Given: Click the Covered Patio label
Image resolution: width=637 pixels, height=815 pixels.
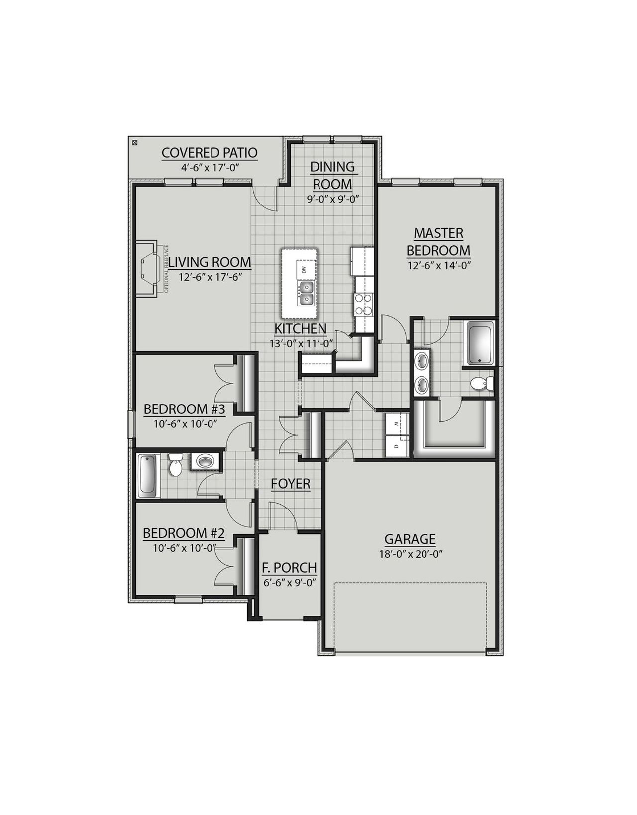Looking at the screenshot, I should pos(210,153).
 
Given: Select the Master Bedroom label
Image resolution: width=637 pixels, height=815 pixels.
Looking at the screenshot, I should pos(438,241).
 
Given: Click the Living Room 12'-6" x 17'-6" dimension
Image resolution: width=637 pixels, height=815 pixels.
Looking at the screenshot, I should pos(209,278).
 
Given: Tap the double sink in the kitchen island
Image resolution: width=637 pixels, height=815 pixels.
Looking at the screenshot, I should pos(306,294).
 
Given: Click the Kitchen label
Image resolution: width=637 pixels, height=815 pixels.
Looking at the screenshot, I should pos(301,329).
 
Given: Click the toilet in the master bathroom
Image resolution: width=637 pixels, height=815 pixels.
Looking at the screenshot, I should pos(480,384).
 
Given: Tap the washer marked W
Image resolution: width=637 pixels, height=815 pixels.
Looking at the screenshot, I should pos(397,423).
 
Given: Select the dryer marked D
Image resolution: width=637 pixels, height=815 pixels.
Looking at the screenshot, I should pos(397,446).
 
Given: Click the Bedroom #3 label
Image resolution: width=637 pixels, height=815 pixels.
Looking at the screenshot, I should pos(185,409).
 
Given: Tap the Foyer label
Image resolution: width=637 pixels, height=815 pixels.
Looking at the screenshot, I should pos(291,483).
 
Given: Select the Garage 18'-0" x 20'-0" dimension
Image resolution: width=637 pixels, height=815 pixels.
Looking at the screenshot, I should pos(410,553).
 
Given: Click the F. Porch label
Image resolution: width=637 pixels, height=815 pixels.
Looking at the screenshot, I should pos(289,568).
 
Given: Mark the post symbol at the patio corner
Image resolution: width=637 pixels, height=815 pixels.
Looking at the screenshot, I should pos(134,143).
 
